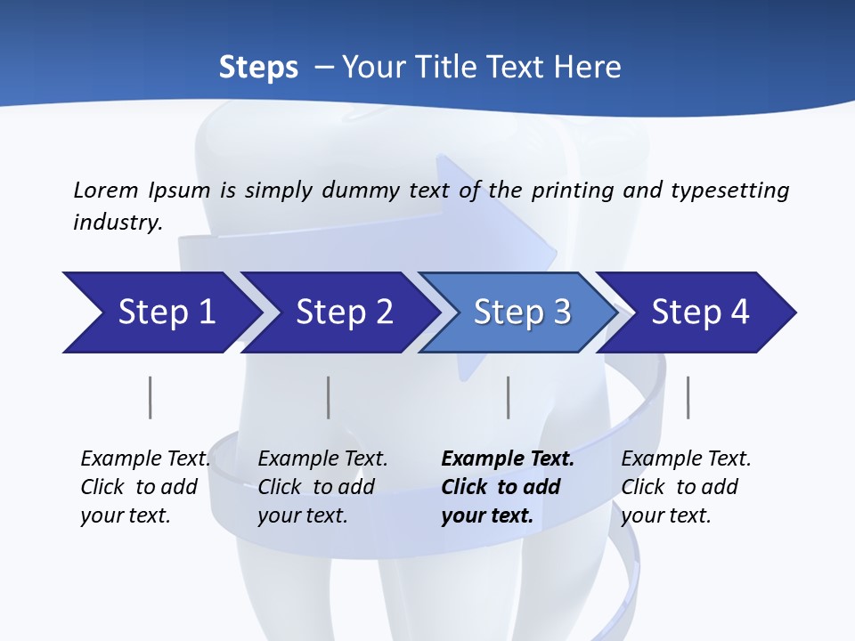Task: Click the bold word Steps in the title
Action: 258,68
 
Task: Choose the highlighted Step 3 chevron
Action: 522,312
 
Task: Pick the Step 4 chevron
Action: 700,312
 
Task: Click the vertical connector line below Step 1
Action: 150,397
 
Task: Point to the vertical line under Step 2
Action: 328,397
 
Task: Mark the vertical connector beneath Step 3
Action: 508,397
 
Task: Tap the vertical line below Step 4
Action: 688,397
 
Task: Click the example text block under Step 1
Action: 145,487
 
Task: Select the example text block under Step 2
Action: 322,487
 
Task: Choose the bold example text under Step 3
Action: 508,487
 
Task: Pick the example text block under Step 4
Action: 686,487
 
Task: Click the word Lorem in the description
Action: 106,190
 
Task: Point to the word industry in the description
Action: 118,222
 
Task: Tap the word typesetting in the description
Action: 729,190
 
